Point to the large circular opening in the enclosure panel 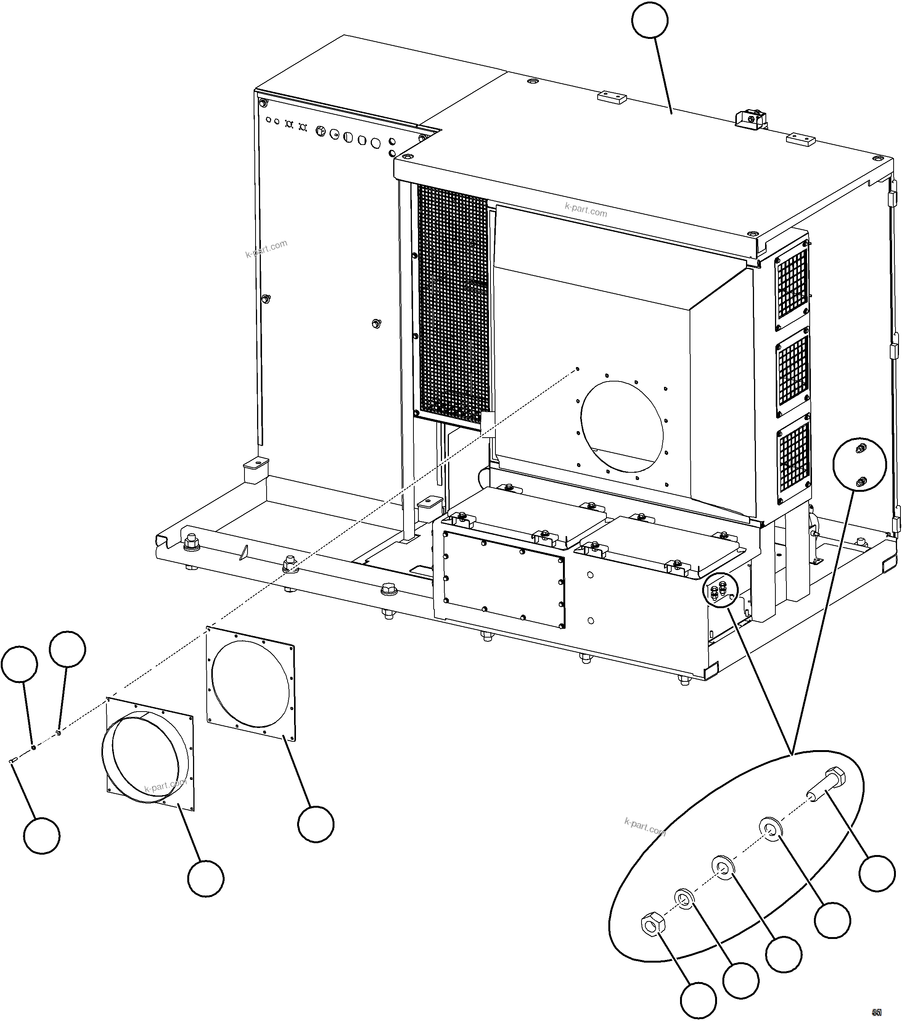coord(622,426)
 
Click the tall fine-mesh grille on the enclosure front coord(452,305)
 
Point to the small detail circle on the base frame coord(719,591)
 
